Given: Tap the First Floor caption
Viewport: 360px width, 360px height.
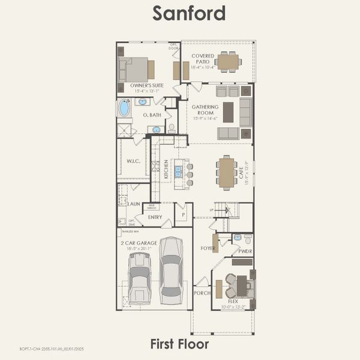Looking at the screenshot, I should coord(179,344).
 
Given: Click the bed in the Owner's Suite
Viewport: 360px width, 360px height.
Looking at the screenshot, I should coord(136,70).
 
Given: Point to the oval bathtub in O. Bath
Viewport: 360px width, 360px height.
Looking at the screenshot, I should coord(124,108).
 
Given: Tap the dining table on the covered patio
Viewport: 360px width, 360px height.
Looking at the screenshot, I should coord(228,61).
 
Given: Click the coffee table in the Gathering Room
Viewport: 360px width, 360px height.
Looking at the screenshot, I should coord(228,112).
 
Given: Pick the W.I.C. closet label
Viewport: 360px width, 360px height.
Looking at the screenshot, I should coord(133,162).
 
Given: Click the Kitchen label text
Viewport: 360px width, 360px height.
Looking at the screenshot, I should coord(166,169).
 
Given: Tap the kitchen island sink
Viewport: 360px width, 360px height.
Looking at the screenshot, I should coord(178,172).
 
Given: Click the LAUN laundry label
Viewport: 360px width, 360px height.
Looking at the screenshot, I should coord(134,204).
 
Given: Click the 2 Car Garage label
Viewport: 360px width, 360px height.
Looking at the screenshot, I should coord(139,243).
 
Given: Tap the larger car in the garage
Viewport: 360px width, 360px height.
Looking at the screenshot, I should coord(171,270).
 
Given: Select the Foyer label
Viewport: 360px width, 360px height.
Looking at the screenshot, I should coord(208,248).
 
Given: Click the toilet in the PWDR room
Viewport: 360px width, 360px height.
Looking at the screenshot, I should coord(247,238).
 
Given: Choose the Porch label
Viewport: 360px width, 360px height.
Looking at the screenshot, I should coord(202,293).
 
